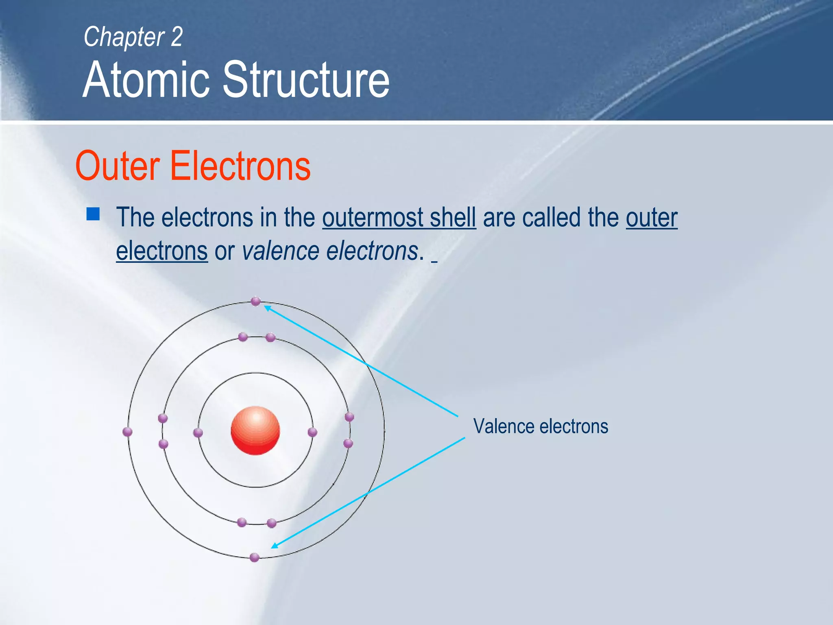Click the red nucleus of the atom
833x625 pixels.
pyautogui.click(x=255, y=431)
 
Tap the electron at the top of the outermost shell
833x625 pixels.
pyautogui.click(x=255, y=302)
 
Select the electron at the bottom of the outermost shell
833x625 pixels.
pyautogui.click(x=255, y=557)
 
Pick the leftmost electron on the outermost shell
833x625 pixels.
pyautogui.click(x=127, y=432)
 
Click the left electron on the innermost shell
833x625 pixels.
pyautogui.click(x=198, y=433)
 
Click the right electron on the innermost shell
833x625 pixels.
pyautogui.click(x=312, y=432)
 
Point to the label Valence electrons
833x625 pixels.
pyautogui.click(x=541, y=426)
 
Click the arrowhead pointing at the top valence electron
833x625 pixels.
pyautogui.click(x=267, y=308)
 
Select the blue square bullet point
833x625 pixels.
pyautogui.click(x=93, y=214)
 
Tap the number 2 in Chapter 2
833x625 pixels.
pyautogui.click(x=177, y=37)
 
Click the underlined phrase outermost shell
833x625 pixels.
pyautogui.click(x=399, y=217)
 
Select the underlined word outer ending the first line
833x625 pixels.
pyautogui.click(x=652, y=217)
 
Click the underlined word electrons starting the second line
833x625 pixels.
pyautogui.click(x=162, y=251)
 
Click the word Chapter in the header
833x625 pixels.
pyautogui.click(x=124, y=37)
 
